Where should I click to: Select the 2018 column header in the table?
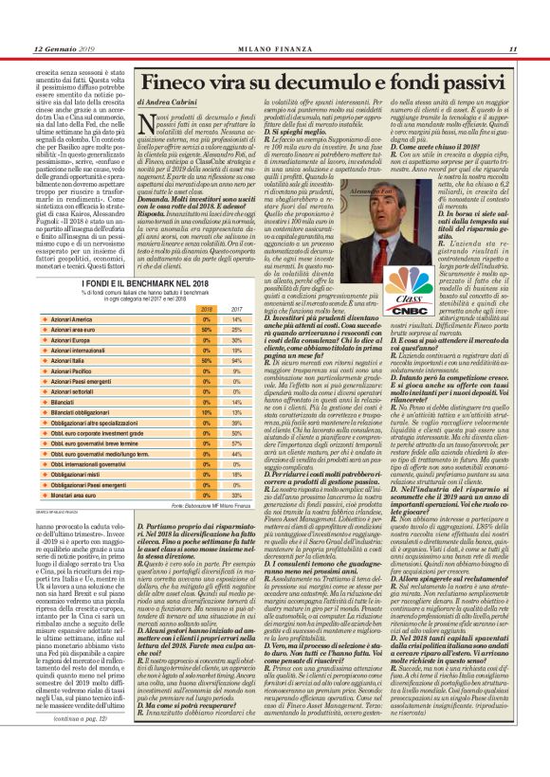tap(205, 308)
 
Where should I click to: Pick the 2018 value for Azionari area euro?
tap(205, 330)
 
